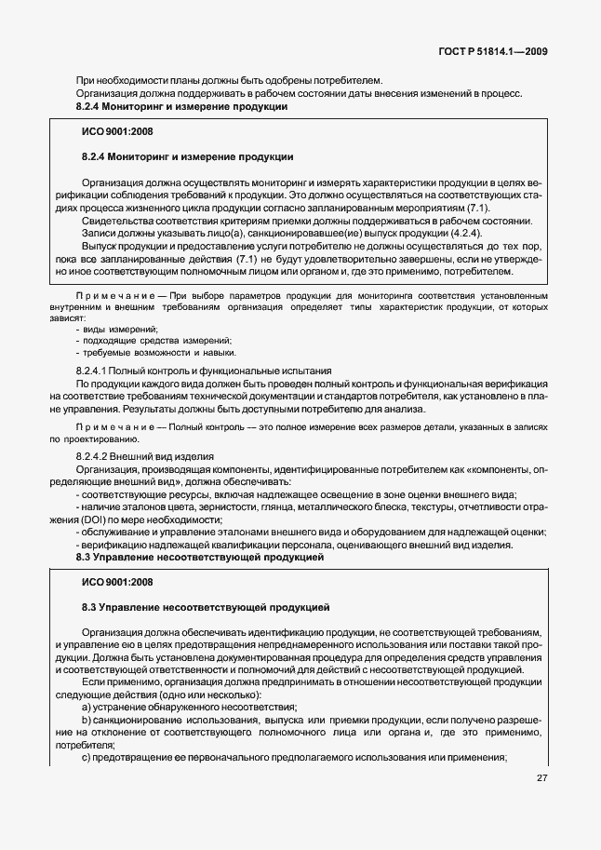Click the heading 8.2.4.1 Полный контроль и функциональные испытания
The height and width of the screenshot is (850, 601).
coord(204,371)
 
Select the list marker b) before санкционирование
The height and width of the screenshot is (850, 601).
coord(86,722)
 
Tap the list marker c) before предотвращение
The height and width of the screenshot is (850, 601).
coord(86,759)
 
